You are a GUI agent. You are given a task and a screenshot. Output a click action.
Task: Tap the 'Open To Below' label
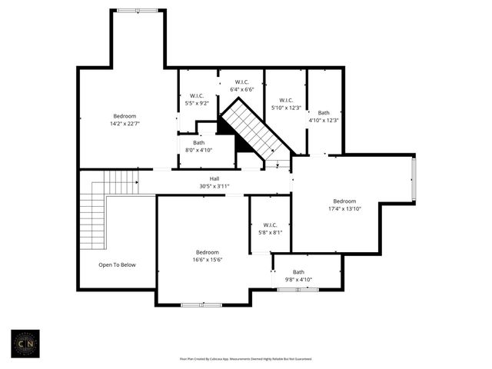coord(117,264)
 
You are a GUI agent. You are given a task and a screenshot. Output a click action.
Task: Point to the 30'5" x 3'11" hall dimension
coord(214,186)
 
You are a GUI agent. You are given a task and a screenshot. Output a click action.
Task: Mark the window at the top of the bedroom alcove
coord(138,10)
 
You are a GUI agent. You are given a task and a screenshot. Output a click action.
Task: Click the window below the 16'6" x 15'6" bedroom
coord(201,305)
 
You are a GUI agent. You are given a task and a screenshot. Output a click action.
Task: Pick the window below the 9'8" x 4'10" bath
coord(298,289)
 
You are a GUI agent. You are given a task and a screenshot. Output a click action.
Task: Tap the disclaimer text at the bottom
coord(246,358)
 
